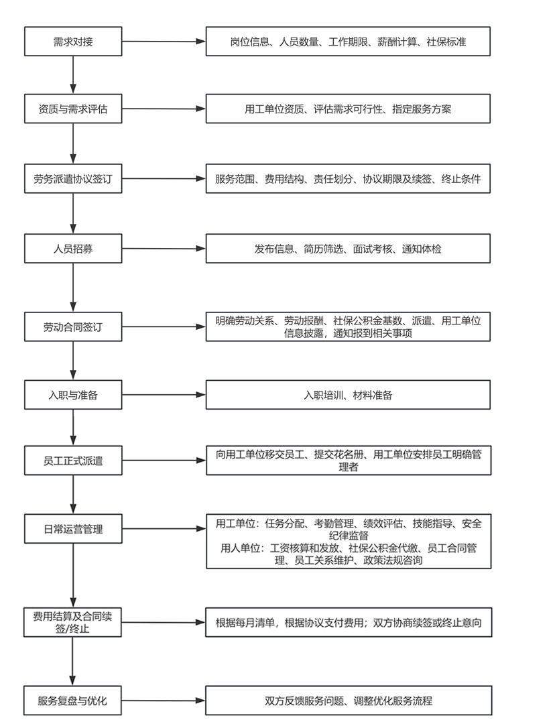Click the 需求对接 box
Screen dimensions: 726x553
point(73,42)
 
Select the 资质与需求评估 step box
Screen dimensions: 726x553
point(73,109)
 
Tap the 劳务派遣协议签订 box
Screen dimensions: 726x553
point(73,179)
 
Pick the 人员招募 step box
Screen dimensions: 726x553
point(73,249)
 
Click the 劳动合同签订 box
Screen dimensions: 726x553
point(73,327)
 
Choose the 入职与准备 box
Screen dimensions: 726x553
point(73,395)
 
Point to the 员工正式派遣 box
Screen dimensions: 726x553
point(73,461)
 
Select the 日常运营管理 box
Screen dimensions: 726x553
point(73,530)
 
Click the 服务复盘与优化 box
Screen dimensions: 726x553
point(73,701)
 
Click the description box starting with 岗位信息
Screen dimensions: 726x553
point(347,42)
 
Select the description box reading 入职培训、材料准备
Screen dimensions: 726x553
point(347,395)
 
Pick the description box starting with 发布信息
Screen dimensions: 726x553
point(347,249)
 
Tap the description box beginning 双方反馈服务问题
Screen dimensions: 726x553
point(347,701)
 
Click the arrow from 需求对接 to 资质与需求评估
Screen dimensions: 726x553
point(73,75)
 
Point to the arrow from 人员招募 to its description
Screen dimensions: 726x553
point(164,249)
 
